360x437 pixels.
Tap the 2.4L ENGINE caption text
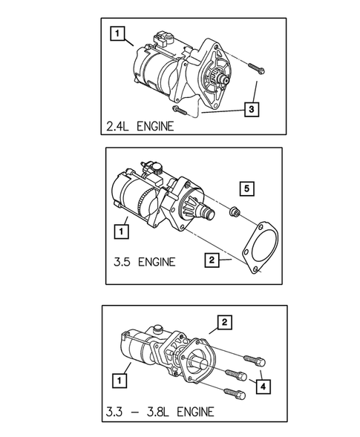(140, 126)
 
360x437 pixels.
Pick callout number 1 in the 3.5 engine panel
(119, 231)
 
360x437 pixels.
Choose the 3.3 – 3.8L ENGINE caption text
(160, 411)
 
